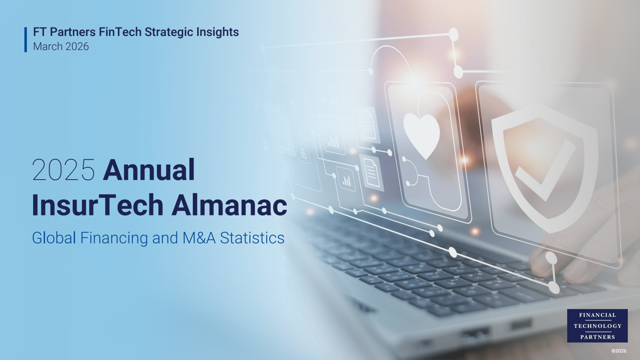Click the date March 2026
click(61, 46)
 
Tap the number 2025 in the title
click(63, 171)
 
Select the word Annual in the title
click(148, 171)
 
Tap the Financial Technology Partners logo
click(597, 325)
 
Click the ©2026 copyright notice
click(618, 351)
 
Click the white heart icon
click(421, 134)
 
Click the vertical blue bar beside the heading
click(25, 39)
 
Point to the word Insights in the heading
click(217, 32)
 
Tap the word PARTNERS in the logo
click(597, 337)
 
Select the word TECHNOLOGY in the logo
click(597, 326)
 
